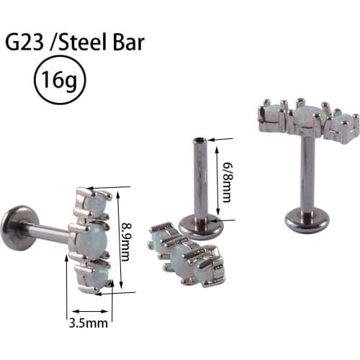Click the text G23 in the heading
click(x=24, y=42)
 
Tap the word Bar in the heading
click(x=128, y=42)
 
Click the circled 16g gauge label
click(x=60, y=79)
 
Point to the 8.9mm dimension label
click(x=125, y=241)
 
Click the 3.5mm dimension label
click(x=89, y=323)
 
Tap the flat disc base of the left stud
click(x=13, y=230)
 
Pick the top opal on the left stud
click(x=94, y=206)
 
